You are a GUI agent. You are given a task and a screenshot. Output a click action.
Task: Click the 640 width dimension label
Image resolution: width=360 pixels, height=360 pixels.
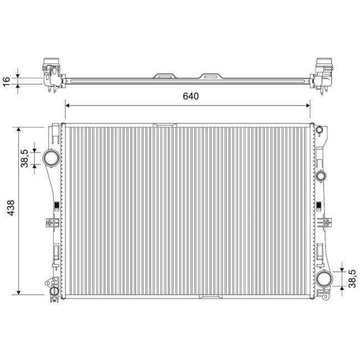click(190, 96)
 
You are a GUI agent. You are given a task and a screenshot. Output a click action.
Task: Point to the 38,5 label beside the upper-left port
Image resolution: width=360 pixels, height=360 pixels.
click(25, 158)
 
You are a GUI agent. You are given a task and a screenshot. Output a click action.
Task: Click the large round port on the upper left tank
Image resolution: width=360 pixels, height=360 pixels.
click(51, 158)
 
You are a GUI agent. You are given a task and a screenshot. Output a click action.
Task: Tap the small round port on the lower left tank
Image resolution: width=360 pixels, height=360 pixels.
click(54, 291)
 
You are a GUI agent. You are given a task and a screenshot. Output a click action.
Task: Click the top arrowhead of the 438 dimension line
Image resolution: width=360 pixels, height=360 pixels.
click(19, 129)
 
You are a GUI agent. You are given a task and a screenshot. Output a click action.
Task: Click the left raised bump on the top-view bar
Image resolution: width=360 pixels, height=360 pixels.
click(164, 74)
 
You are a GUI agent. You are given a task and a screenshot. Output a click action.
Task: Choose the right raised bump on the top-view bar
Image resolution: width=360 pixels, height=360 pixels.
click(211, 74)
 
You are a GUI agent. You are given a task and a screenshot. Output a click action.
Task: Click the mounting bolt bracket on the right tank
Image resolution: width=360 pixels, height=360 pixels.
click(325, 223)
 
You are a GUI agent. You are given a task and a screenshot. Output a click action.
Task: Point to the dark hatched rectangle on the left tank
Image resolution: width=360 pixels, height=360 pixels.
click(55, 207)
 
